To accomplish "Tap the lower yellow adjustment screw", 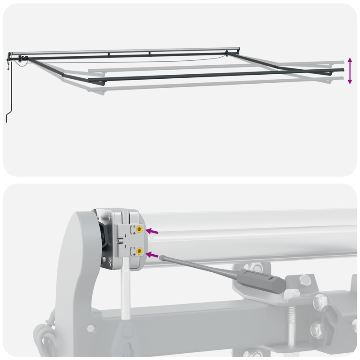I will pyautogui.click(x=140, y=251).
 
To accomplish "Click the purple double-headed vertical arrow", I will pyautogui.click(x=350, y=71).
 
